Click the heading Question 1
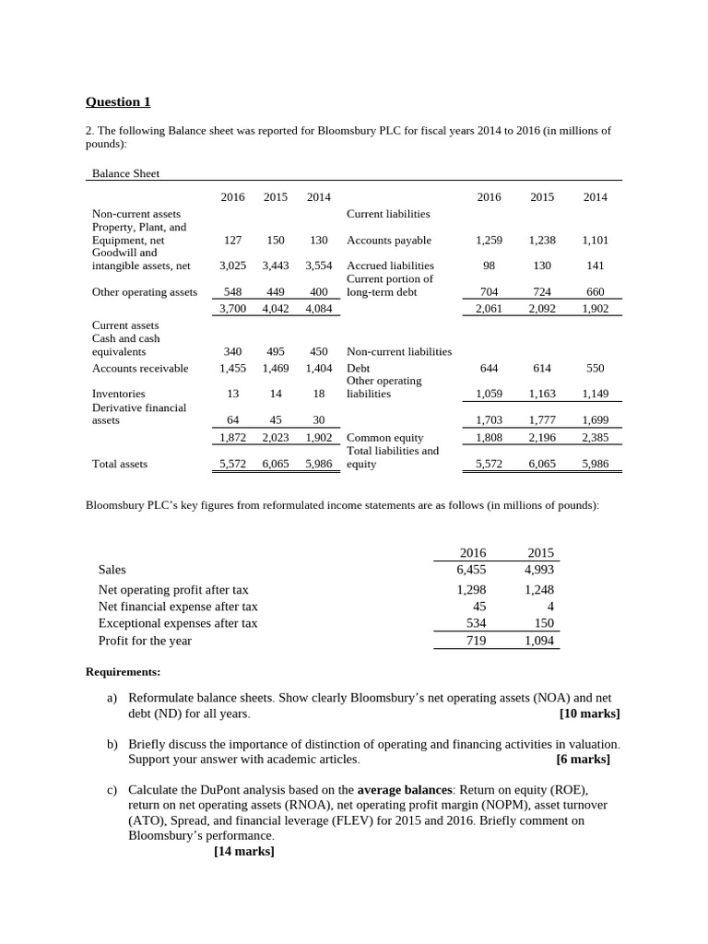[117, 102]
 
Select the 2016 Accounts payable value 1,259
[489, 240]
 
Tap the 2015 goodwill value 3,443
[275, 265]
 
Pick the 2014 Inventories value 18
[318, 394]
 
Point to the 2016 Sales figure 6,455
[471, 570]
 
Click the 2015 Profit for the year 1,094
[538, 641]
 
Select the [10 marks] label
[589, 714]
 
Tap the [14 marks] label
[243, 851]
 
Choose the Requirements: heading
[123, 672]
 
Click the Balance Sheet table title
[125, 172]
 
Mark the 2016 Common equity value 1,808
[489, 438]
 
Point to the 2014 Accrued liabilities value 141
[595, 265]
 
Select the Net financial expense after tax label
[178, 607]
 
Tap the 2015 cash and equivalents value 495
[275, 351]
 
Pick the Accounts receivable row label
[140, 368]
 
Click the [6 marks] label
[583, 760]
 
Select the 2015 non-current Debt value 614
[542, 368]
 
